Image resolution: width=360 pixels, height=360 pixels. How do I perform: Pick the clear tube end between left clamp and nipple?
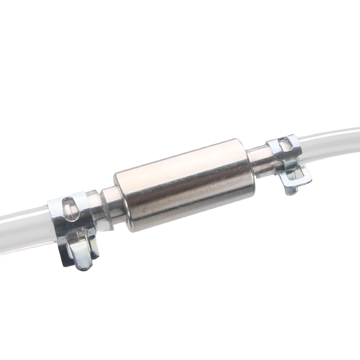(x=94, y=209)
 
